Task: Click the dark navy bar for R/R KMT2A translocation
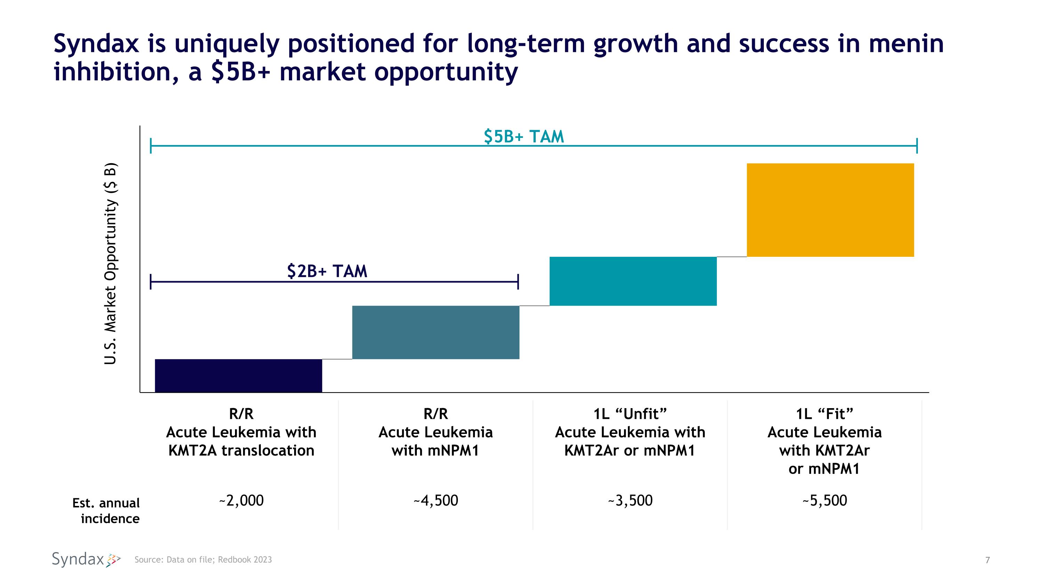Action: point(238,375)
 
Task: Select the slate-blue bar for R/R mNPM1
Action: point(436,332)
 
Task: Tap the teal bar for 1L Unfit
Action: point(633,281)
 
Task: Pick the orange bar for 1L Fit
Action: point(830,210)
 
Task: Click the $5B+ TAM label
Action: point(524,136)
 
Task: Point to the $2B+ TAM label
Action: point(327,271)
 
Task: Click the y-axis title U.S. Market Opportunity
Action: point(110,263)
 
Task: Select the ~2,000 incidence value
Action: point(241,501)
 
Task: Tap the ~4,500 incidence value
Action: point(436,501)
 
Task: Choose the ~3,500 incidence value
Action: point(630,501)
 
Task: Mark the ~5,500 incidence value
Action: point(825,501)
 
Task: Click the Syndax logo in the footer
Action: point(86,560)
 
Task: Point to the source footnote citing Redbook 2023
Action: point(203,560)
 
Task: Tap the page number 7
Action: point(987,560)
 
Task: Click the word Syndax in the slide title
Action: point(96,44)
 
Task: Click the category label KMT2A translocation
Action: point(241,451)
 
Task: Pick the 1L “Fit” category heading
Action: point(825,414)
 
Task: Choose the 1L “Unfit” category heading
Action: point(630,414)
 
